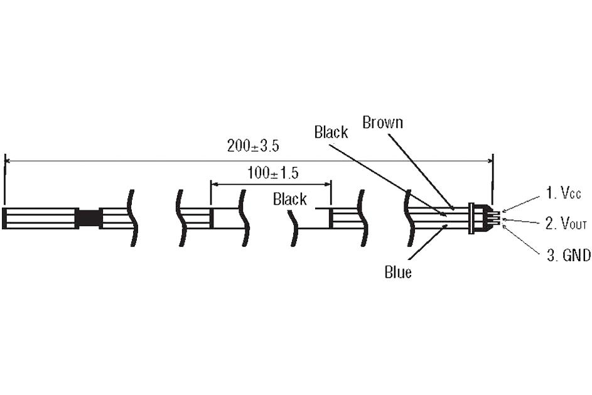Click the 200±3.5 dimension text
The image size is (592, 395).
click(x=253, y=146)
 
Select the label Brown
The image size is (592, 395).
click(x=382, y=122)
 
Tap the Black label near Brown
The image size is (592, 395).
click(x=331, y=132)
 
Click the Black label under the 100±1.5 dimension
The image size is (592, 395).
click(x=289, y=200)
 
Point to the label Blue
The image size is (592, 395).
click(x=398, y=273)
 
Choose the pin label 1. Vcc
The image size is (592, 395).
click(x=562, y=193)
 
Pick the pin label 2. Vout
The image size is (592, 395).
click(x=566, y=224)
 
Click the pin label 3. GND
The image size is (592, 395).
click(x=567, y=256)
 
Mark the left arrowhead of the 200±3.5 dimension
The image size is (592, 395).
click(x=8, y=161)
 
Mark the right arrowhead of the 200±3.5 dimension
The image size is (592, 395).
click(x=490, y=161)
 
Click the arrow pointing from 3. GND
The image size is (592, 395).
click(x=521, y=239)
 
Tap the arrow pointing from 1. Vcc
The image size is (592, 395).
click(x=521, y=203)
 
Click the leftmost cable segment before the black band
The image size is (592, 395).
click(x=40, y=218)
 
